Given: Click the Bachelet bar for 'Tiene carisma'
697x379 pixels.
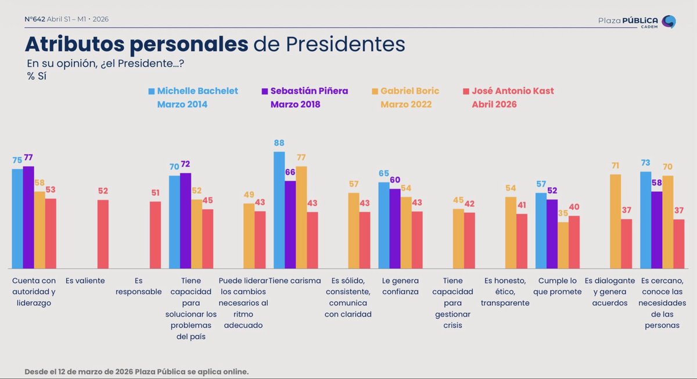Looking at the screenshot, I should click(x=279, y=210).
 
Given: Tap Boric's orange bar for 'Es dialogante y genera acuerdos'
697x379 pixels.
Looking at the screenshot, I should click(x=616, y=221).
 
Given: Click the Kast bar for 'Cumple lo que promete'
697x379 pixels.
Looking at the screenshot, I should click(x=574, y=242).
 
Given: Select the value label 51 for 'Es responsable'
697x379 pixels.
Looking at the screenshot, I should click(x=156, y=194).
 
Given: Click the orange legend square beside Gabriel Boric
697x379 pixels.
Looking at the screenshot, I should click(x=375, y=91).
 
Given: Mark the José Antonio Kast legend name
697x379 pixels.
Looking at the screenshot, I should click(x=513, y=91).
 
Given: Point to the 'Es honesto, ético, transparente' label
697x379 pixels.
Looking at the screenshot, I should click(x=505, y=292).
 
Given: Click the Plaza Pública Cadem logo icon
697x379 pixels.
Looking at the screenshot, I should click(x=669, y=22).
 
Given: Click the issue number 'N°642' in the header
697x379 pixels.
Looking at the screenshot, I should click(x=34, y=19).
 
